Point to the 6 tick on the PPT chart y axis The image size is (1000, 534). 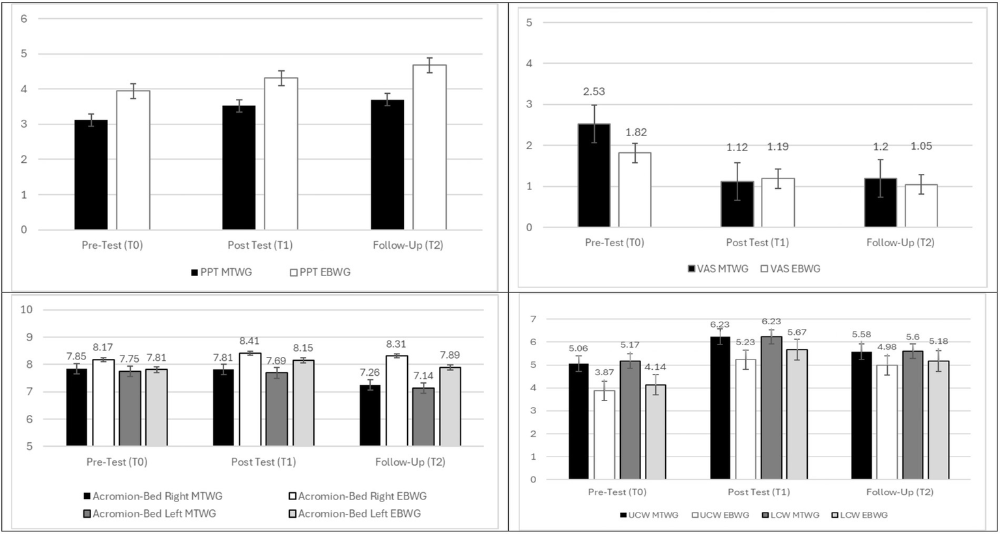(x=24, y=18)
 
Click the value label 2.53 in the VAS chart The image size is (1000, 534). (x=594, y=92)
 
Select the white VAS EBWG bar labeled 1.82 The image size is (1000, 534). (x=635, y=190)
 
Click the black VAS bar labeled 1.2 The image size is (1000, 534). (x=880, y=203)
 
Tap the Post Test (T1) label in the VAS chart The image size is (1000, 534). (x=757, y=242)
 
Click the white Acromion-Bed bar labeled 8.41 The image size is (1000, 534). (x=250, y=399)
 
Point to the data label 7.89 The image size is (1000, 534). (x=449, y=355)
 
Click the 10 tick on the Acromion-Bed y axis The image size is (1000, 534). (x=26, y=309)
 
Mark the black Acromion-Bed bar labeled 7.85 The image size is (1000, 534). (x=76, y=407)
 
